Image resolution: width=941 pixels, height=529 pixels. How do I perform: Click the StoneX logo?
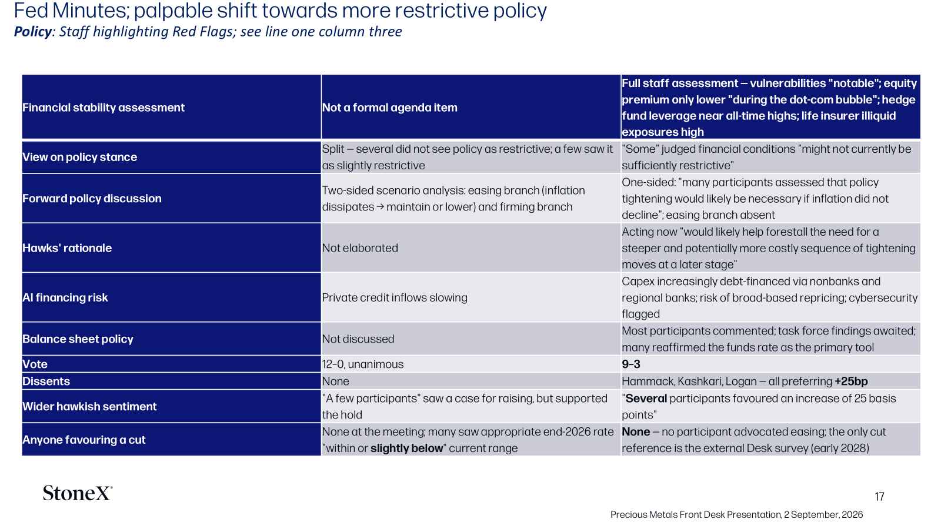[77, 493]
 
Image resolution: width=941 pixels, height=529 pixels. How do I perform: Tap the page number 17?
[879, 497]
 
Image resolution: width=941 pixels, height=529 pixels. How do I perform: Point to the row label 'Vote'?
[35, 364]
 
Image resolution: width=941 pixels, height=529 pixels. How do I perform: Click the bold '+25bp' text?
[851, 381]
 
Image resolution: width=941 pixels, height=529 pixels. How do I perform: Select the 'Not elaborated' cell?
[360, 247]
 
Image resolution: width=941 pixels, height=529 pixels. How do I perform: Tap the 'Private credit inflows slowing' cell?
[395, 297]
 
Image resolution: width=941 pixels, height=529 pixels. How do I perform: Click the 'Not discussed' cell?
[358, 339]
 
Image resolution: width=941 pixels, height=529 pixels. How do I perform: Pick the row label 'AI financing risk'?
[65, 297]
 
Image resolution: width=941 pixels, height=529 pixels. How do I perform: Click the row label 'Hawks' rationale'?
[67, 247]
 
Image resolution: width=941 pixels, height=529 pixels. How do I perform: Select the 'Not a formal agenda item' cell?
[390, 108]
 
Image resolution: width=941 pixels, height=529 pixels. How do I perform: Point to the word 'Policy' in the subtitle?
[33, 32]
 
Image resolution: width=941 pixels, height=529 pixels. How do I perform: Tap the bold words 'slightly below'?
[406, 448]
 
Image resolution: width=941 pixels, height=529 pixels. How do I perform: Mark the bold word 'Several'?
[646, 399]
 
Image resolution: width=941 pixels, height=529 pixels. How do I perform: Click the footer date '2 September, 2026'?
[823, 515]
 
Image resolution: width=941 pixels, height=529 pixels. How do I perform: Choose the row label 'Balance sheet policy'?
[78, 339]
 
